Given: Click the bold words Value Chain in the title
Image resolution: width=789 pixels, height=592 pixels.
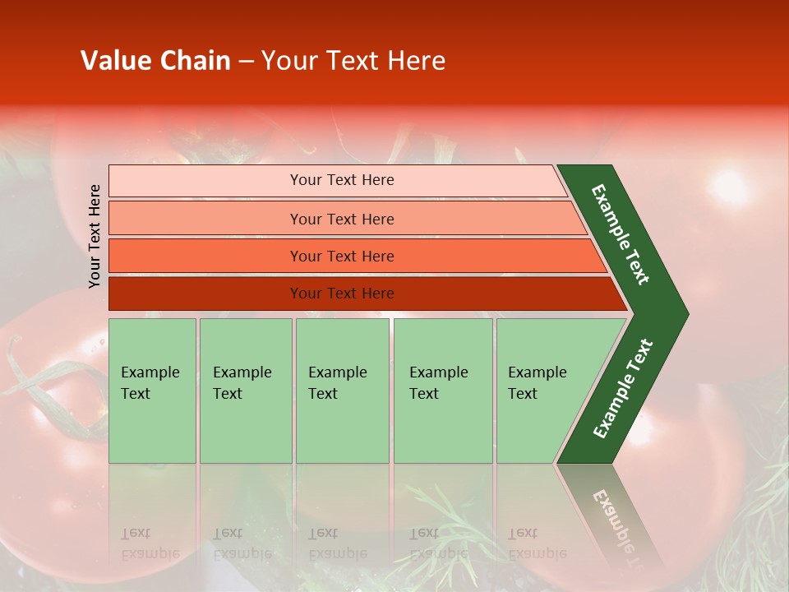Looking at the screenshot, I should [x=155, y=61].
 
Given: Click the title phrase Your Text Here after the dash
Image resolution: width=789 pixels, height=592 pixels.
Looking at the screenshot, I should [x=353, y=61].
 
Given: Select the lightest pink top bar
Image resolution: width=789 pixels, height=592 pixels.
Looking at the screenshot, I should [x=205, y=180].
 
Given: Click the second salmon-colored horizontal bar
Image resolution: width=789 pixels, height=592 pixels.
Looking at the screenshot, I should [x=205, y=219].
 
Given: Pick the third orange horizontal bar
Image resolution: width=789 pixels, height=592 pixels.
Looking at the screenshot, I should [x=205, y=256].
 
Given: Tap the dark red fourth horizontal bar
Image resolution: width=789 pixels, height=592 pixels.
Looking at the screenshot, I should [x=205, y=294].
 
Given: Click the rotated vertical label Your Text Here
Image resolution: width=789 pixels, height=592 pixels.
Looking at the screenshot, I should [x=95, y=236].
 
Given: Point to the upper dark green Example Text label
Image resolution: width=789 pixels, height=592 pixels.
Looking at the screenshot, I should [x=621, y=234].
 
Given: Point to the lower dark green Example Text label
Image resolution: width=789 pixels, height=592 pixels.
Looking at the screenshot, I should [x=623, y=388].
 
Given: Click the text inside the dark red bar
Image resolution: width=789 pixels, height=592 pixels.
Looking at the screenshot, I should [x=342, y=294].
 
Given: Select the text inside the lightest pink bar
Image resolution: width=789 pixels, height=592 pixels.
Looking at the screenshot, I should [x=342, y=180].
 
